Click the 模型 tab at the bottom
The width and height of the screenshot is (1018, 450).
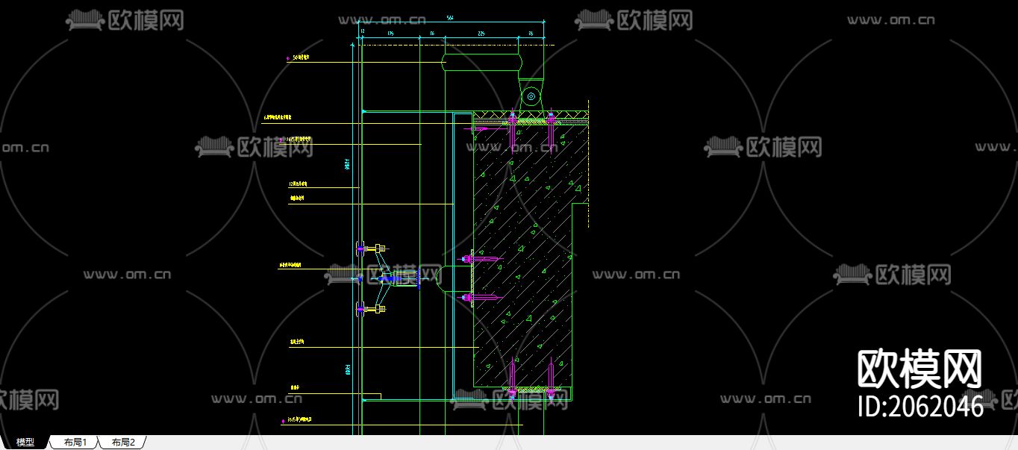coord(25,443)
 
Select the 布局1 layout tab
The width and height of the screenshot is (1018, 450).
coord(75,443)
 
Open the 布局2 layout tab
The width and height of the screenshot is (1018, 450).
coord(123,443)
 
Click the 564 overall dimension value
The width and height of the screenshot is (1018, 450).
coord(450,17)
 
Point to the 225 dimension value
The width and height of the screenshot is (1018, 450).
coord(481,34)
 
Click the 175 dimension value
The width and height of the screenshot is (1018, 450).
coord(390,34)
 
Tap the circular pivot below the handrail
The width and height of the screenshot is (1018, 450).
coord(531,96)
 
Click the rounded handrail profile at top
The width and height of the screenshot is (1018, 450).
coord(481,62)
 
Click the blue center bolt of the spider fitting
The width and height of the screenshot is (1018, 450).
coord(387,278)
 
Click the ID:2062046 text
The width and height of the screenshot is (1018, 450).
coord(919,406)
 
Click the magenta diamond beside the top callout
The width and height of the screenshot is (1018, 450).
coord(288,57)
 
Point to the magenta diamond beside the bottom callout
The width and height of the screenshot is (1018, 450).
coord(284,421)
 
